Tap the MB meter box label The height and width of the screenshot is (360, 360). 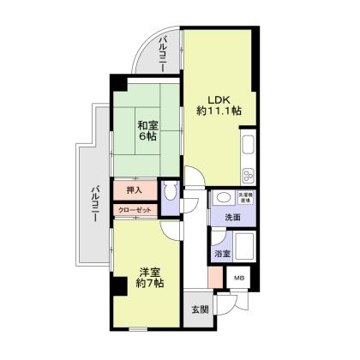(239, 278)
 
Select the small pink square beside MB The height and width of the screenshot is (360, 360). (214, 278)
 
